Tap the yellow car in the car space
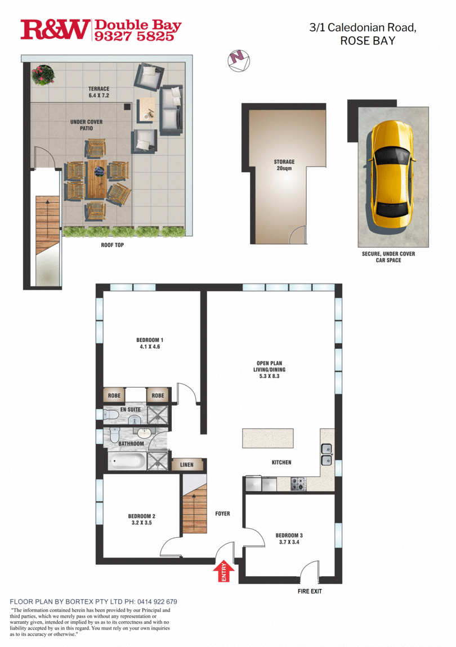pos(391,169)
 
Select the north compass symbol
pos(239,59)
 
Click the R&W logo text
pos(55,30)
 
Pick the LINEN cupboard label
pos(187,465)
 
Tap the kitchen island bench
pos(269,438)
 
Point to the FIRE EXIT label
pos(310,591)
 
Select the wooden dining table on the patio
pos(96,180)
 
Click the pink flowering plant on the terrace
pos(43,75)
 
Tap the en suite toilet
pos(110,415)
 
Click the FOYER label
pos(222,514)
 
